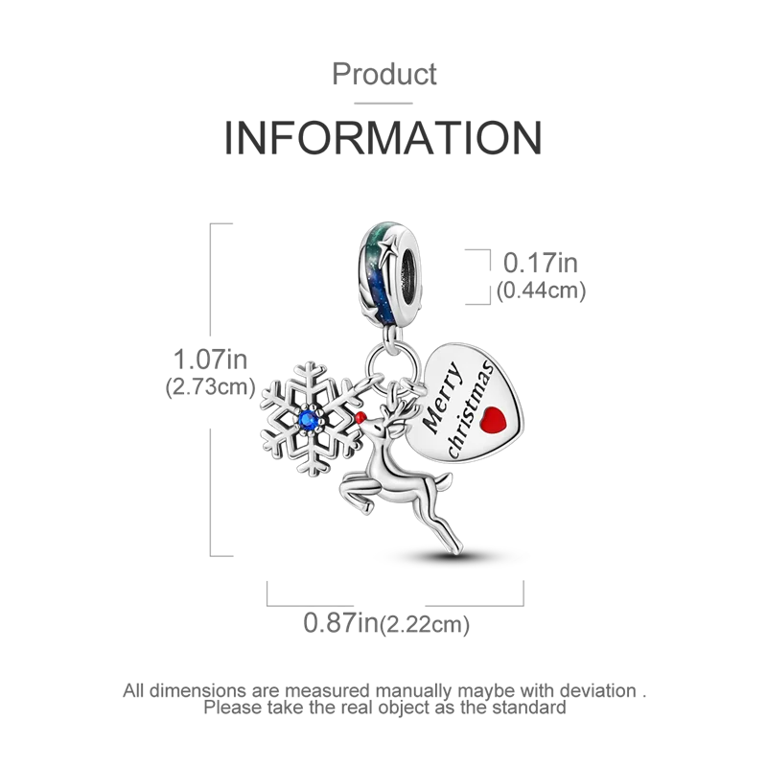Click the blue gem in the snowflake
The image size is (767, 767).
[x=310, y=418]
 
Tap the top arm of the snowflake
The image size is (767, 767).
[x=309, y=374]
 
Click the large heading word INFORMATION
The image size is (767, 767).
[x=383, y=138]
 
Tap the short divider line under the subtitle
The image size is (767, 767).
[x=383, y=100]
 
